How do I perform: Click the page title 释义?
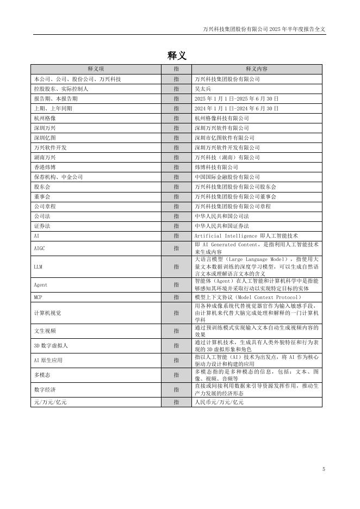coord(177,55)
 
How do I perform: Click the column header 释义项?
coord(96,69)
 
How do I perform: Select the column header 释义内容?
coord(256,69)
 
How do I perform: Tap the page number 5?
coord(324,469)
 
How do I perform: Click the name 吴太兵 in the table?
coord(202,89)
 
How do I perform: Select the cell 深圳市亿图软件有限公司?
coord(224,138)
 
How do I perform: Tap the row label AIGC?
coord(40,248)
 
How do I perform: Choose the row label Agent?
coord(41,284)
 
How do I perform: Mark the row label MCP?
coord(38,297)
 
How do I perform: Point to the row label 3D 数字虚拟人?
coord(51,345)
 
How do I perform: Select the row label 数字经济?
coord(45,389)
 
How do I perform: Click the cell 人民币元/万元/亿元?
coord(219,402)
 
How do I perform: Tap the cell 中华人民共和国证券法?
coord(221,226)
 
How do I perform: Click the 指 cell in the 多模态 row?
coord(176,375)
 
